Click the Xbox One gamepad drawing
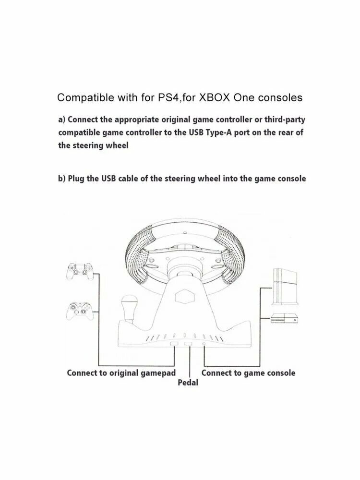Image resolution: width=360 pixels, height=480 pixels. tap(79, 311)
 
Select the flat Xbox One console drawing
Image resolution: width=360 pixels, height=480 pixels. tap(284, 319)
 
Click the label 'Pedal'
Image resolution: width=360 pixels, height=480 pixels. tap(188, 383)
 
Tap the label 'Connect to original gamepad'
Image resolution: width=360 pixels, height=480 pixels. tap(121, 373)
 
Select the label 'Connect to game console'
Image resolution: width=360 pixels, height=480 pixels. tap(248, 373)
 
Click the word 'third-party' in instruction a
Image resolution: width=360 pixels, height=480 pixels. tap(285, 120)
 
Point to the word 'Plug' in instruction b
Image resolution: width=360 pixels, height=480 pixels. tap(76, 179)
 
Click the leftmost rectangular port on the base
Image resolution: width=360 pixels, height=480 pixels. tap(174, 344)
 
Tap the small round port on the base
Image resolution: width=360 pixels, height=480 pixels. tap(204, 344)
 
